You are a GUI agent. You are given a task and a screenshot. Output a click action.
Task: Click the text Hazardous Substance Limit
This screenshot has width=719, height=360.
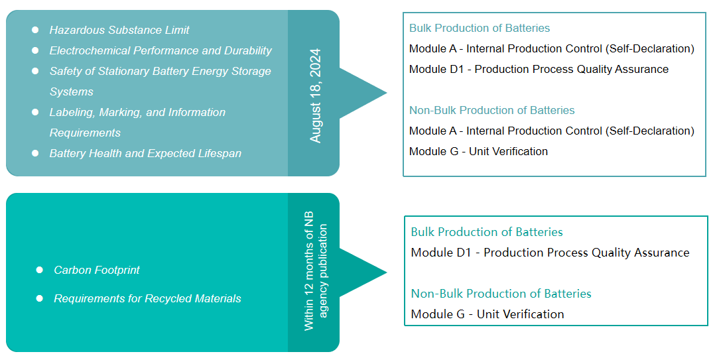point(119,30)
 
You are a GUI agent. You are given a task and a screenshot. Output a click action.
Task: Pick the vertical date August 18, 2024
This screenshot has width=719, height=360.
point(315,95)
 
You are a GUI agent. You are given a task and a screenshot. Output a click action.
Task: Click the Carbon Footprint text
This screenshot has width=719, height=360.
point(97,270)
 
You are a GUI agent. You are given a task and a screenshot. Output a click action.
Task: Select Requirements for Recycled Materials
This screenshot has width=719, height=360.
point(148,298)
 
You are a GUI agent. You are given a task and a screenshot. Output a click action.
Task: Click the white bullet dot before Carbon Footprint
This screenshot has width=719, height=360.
point(39,270)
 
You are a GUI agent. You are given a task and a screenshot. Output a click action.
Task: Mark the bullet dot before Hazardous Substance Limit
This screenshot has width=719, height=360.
point(35,30)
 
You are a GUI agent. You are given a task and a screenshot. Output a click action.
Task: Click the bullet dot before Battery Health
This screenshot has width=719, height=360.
point(35,153)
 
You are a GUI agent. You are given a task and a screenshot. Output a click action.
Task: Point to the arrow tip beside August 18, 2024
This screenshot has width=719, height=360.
point(387,93)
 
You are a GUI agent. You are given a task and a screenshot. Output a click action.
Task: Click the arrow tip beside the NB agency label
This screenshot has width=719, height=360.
point(387,273)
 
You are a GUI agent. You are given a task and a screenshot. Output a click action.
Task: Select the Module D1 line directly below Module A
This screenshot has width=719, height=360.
point(539,69)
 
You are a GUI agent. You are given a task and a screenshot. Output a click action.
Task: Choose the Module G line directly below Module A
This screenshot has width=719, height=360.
point(478,151)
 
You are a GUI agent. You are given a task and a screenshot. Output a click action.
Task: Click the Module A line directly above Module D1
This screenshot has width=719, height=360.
point(552,48)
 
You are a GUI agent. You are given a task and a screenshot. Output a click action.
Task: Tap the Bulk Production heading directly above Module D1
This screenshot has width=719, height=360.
point(486,232)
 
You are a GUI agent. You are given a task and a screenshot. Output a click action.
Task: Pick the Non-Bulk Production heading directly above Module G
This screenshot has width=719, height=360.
point(501,294)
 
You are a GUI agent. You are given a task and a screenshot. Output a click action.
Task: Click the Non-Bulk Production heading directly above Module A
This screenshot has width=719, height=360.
point(491,111)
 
